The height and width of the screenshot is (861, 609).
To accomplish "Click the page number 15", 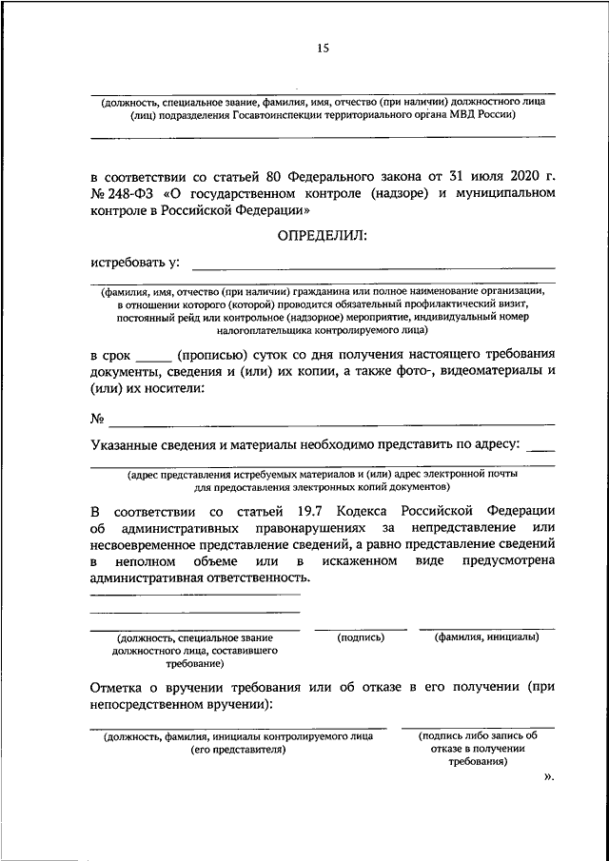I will pyautogui.click(x=323, y=50).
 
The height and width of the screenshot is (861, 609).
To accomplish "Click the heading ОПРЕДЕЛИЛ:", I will pyautogui.click(x=322, y=235).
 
